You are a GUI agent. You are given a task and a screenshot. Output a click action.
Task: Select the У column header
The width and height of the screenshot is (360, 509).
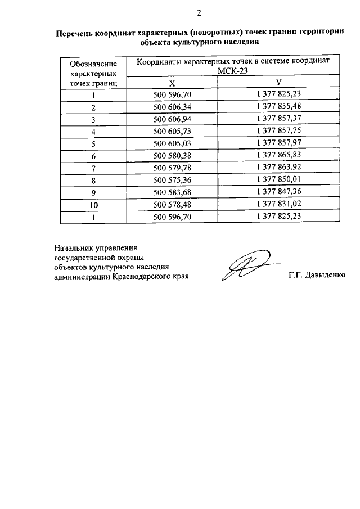pyautogui.click(x=278, y=83)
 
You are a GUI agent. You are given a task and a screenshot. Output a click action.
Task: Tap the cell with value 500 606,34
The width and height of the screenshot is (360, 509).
pyautogui.click(x=173, y=107)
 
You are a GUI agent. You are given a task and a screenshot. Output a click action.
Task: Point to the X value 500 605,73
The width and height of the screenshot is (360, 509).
pyautogui.click(x=173, y=131)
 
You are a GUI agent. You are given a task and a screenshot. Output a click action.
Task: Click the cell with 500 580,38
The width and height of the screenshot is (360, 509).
pyautogui.click(x=173, y=156)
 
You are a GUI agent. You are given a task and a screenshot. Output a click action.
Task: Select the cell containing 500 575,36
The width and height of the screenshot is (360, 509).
pyautogui.click(x=173, y=180)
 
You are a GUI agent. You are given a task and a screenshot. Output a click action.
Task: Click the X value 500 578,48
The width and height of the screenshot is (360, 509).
pyautogui.click(x=173, y=204)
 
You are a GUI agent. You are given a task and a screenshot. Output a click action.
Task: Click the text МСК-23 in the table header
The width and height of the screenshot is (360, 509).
pyautogui.click(x=232, y=71)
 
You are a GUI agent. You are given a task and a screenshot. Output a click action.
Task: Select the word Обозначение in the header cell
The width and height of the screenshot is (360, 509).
pyautogui.click(x=93, y=64)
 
